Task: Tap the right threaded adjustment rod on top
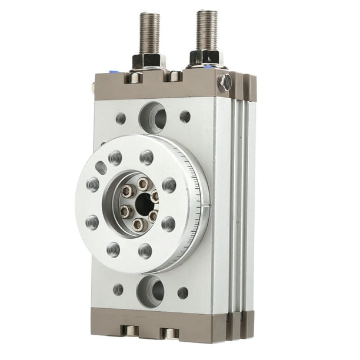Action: coord(206,29)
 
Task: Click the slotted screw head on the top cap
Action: coord(224,82)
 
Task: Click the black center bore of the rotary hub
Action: coord(143,204)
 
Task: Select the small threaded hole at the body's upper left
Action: coord(121,118)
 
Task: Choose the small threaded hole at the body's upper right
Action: coord(185,116)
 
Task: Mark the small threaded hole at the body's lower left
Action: coord(118,289)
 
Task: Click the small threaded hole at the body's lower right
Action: coord(183,292)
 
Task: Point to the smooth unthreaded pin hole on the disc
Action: coord(101,168)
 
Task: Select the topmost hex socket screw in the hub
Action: coord(142,184)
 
